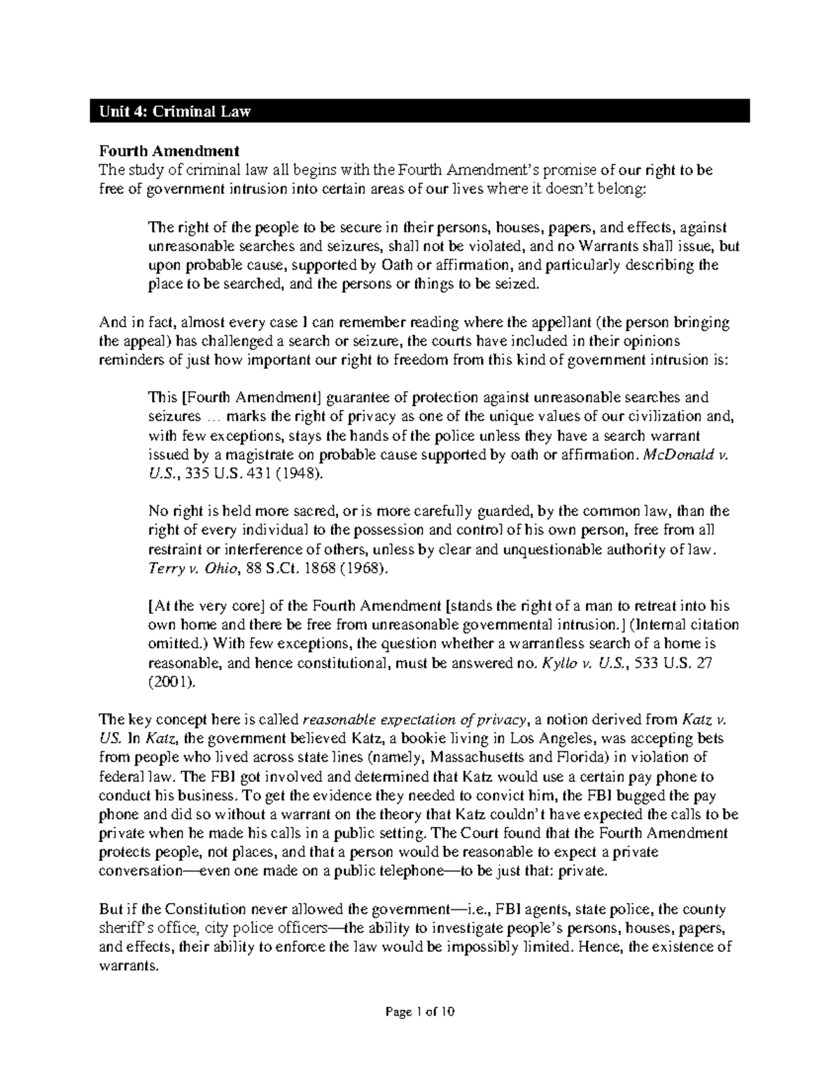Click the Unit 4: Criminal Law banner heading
(174, 111)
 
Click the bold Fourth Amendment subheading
(169, 150)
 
